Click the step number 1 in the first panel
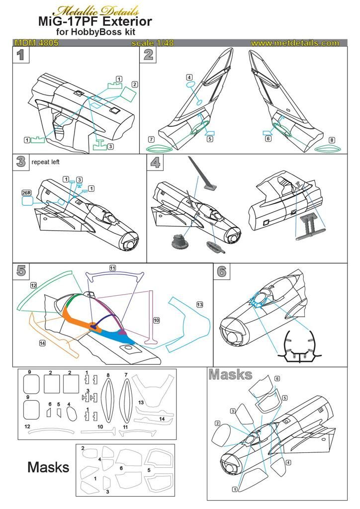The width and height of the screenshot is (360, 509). [x=20, y=55]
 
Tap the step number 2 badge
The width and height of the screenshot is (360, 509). [x=148, y=55]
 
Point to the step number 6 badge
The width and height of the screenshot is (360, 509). [x=222, y=271]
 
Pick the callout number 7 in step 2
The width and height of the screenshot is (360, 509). [x=151, y=139]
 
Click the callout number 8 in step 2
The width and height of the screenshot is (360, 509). [x=332, y=140]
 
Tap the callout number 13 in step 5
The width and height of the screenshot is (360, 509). [x=199, y=304]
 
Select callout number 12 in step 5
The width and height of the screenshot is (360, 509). [x=33, y=285]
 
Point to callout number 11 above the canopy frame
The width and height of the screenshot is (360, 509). [x=113, y=268]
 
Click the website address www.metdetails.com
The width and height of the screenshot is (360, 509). [x=295, y=43]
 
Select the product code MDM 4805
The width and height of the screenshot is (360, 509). [x=37, y=43]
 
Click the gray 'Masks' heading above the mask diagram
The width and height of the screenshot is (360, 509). [x=230, y=374]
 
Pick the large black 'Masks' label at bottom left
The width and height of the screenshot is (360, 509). [x=48, y=467]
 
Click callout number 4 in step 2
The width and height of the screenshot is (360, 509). [x=189, y=78]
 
